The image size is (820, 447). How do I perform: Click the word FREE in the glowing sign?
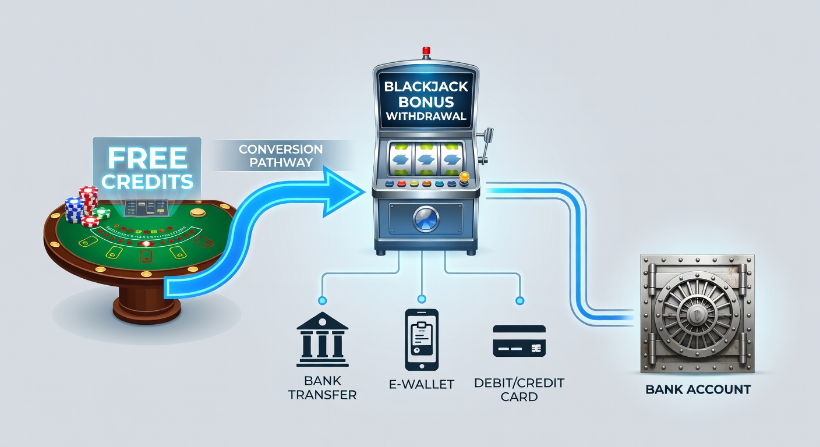pyautogui.click(x=147, y=158)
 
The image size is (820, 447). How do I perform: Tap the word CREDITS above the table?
pyautogui.click(x=147, y=181)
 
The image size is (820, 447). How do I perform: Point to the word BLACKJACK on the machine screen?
pyautogui.click(x=426, y=87)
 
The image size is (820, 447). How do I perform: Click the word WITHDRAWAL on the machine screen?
pyautogui.click(x=426, y=116)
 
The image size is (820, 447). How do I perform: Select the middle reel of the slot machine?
pyautogui.click(x=426, y=159)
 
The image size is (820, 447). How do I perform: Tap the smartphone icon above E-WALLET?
pyautogui.click(x=421, y=339)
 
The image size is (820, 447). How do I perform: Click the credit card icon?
pyautogui.click(x=519, y=340)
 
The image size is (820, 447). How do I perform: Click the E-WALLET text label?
pyautogui.click(x=422, y=384)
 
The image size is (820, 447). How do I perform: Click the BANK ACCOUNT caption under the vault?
pyautogui.click(x=698, y=389)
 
